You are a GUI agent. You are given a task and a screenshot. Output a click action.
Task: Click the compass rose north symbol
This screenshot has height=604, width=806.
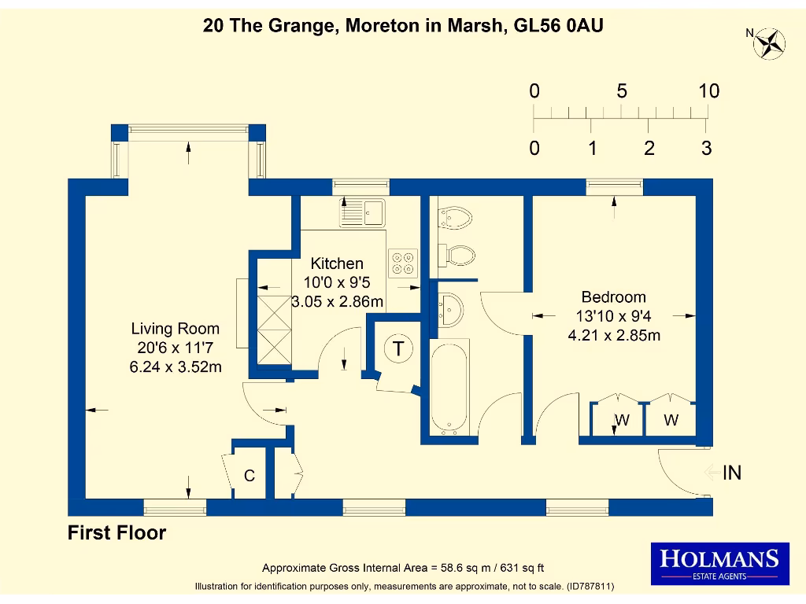(767, 42)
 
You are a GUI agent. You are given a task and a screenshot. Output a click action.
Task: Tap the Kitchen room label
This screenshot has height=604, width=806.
(337, 264)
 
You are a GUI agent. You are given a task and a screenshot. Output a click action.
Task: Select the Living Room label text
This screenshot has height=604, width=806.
(175, 329)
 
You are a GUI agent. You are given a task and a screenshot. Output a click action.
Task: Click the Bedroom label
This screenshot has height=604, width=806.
(613, 297)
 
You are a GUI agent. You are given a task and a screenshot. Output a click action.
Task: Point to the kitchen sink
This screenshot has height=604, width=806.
(363, 211)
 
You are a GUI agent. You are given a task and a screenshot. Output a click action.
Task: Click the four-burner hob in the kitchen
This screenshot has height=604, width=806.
(403, 263)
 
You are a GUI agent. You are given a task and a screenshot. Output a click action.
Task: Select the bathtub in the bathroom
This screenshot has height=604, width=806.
(449, 387)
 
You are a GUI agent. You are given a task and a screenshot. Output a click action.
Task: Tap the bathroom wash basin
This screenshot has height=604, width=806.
(449, 308)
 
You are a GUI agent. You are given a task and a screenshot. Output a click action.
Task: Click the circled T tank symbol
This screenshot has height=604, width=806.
(398, 348)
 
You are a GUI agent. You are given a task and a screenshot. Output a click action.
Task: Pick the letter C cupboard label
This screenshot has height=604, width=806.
(250, 476)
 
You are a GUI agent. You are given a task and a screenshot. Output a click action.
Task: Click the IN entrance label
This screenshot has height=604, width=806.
(732, 473)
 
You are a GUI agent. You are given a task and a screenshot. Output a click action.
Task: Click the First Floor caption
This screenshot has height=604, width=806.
(116, 533)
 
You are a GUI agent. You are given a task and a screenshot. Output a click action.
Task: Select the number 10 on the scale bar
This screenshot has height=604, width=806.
(708, 91)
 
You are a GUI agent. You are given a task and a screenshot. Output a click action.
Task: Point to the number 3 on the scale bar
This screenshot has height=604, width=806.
(706, 148)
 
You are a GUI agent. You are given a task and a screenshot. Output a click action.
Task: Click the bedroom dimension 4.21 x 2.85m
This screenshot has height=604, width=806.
(613, 335)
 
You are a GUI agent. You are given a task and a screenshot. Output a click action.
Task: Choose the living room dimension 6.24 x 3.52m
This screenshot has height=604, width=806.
(175, 366)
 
